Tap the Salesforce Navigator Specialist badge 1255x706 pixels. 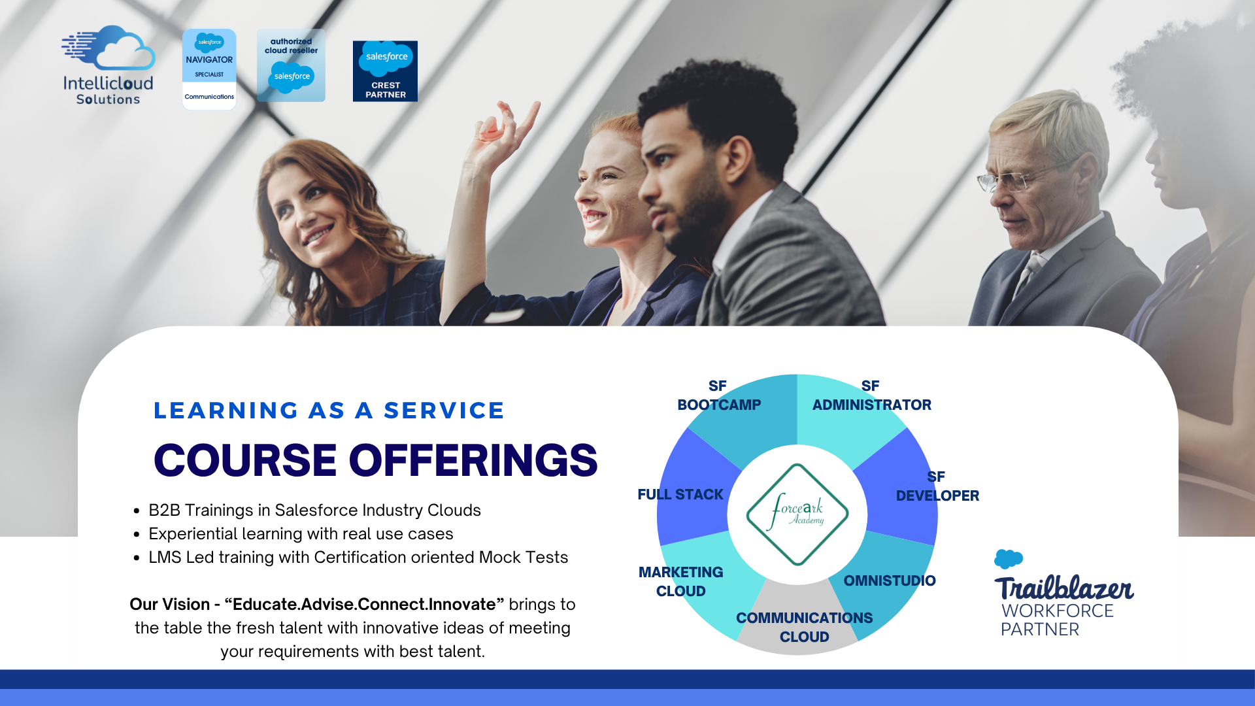coord(209,69)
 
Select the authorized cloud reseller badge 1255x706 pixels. coord(291,65)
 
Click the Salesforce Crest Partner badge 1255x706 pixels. coord(385,71)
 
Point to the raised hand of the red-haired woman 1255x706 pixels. coord(503,131)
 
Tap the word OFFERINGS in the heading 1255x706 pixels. coord(473,460)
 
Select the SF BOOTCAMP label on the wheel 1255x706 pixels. coord(719,395)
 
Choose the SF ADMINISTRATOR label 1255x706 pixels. coord(872,395)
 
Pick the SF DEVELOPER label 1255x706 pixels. coord(937,486)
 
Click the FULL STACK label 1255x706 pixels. coord(680,495)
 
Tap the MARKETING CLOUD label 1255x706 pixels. coord(681,582)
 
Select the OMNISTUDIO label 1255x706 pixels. coord(890,580)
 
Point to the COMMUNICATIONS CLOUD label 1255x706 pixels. coord(805,628)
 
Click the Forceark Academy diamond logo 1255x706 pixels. coord(797,514)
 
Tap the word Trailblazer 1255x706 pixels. coord(1064,588)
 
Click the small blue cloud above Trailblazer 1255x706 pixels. coord(1009,559)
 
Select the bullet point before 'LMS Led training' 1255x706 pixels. coord(137,558)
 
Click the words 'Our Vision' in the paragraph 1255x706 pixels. coord(170,605)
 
